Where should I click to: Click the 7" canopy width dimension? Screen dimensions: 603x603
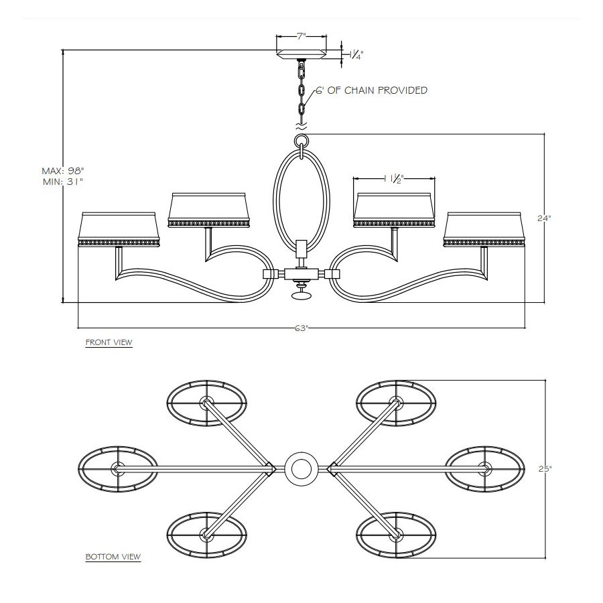click(x=301, y=37)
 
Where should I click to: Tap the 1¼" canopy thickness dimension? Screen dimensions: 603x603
click(x=356, y=55)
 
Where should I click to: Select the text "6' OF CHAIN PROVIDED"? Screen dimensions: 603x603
click(x=371, y=90)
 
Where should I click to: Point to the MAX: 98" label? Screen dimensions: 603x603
click(x=63, y=170)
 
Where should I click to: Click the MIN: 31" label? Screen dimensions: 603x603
click(x=64, y=182)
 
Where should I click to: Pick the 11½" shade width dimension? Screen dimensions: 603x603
click(x=394, y=179)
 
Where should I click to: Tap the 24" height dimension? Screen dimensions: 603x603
click(x=544, y=218)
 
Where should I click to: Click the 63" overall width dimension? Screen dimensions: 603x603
click(x=301, y=328)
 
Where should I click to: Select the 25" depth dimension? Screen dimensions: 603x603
click(x=545, y=469)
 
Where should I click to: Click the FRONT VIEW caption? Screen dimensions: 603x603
click(x=109, y=342)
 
